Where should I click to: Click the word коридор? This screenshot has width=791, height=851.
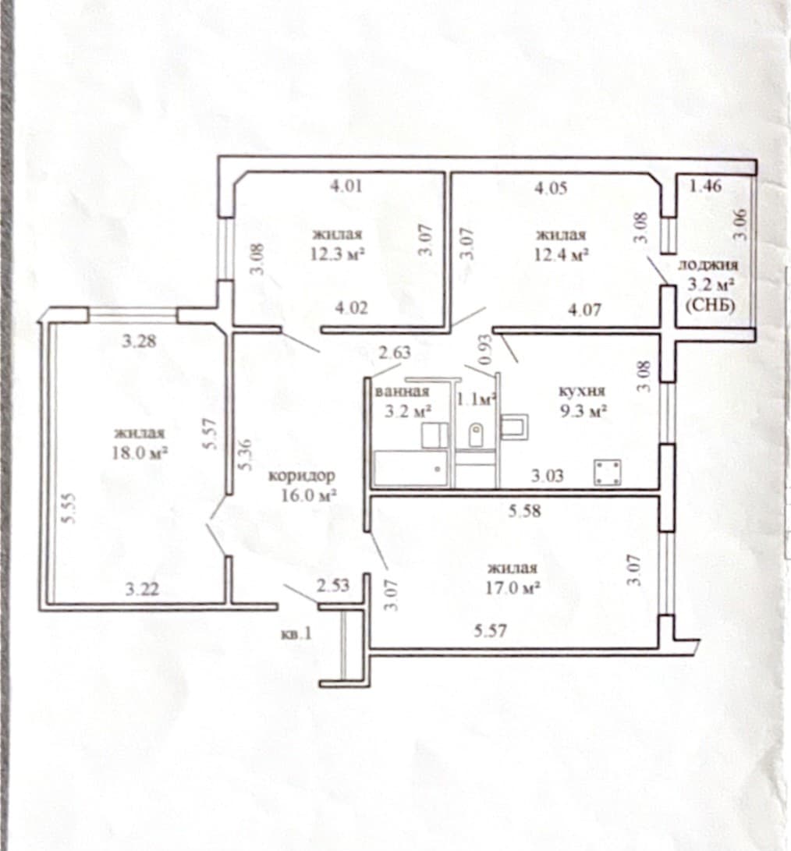(303, 476)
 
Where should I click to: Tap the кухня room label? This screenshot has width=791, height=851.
(582, 392)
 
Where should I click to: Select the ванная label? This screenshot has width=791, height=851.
(403, 392)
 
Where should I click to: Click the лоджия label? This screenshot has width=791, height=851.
(708, 265)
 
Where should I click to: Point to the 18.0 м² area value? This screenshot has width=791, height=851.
(139, 452)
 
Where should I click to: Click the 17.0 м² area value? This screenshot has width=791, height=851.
(513, 588)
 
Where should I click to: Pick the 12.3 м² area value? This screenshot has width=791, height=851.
(337, 254)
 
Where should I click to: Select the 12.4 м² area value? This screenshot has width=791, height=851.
(562, 254)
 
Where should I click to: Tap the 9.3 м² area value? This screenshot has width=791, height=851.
(583, 411)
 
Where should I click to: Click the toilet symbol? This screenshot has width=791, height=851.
(476, 434)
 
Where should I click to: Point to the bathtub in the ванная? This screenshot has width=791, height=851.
(411, 468)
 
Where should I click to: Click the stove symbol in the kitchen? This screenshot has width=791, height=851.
(608, 473)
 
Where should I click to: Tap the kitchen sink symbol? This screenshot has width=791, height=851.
(514, 427)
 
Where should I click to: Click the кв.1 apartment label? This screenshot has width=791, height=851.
(296, 633)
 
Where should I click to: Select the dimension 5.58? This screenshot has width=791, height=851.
(524, 511)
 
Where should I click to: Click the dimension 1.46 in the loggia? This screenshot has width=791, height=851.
(706, 186)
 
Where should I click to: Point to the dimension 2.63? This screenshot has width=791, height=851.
(395, 353)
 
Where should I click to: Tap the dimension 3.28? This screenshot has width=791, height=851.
(140, 342)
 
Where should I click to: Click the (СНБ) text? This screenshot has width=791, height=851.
(710, 306)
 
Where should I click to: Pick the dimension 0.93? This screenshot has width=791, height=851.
(486, 349)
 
